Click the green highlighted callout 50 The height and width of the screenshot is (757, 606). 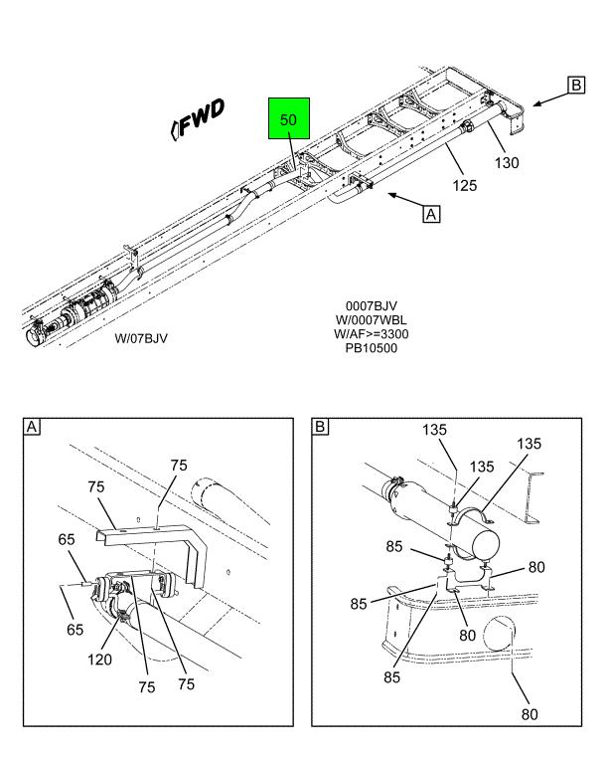point(288,119)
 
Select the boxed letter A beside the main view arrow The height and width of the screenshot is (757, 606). point(431,213)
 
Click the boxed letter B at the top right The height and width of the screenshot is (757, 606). point(576,86)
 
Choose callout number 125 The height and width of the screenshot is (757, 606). point(464,185)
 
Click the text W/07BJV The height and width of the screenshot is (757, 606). point(141,338)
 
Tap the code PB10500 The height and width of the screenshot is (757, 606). point(371,348)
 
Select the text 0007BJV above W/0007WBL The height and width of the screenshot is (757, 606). point(371,306)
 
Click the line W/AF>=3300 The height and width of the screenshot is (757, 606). point(371,334)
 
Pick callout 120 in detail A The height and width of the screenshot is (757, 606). point(100,659)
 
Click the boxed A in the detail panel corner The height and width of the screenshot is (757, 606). point(33,428)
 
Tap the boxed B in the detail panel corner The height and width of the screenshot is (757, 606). point(321,428)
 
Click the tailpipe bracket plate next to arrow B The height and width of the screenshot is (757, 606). point(514,125)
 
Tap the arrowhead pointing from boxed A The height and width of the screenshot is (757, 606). point(390,196)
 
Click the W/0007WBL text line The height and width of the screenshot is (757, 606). point(371,320)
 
